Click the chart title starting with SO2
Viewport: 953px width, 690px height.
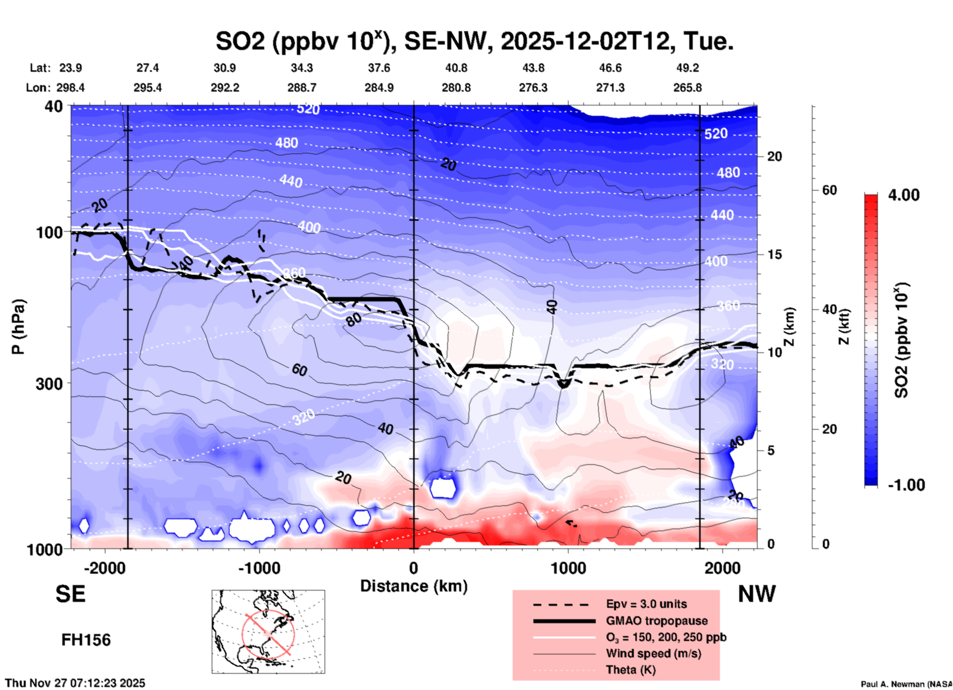pos(474,41)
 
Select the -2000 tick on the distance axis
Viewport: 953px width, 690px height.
pos(105,568)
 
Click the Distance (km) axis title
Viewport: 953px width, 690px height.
pos(414,586)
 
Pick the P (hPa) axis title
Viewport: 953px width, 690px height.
pos(18,327)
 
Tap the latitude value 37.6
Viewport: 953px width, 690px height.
pos(379,68)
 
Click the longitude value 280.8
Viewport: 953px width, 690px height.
pos(456,88)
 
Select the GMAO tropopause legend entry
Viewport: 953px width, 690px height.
pos(657,621)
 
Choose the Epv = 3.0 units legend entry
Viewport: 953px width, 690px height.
pos(646,604)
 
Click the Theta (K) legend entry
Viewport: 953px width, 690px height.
pos(630,670)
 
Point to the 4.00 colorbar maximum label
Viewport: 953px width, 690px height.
pos(904,195)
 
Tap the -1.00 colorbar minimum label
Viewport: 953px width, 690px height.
pos(906,485)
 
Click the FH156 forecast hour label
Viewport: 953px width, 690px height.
pos(86,640)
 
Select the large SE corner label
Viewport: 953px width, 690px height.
pos(70,594)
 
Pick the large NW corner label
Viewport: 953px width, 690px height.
pos(757,594)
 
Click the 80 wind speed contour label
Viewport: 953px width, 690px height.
pos(354,320)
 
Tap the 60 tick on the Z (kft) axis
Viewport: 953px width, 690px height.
pos(829,191)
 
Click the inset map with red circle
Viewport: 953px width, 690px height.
pos(268,632)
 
